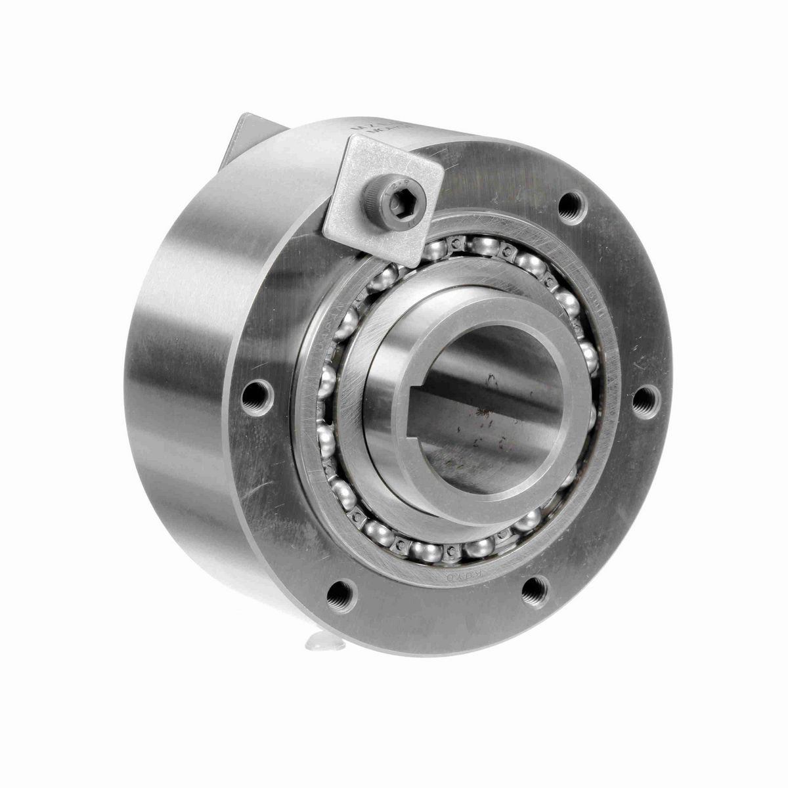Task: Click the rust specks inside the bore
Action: pyautogui.click(x=483, y=420)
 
